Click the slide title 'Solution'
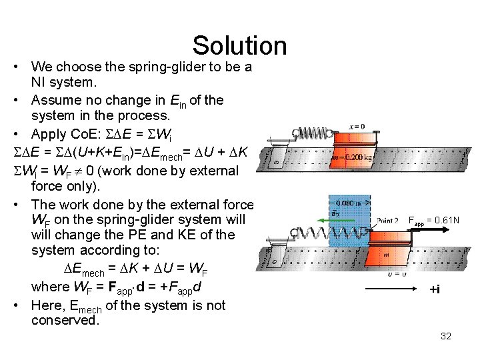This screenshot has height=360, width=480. (239, 45)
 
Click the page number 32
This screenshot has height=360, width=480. (446, 336)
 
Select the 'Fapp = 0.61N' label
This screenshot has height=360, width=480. (433, 219)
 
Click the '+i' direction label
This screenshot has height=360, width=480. (434, 289)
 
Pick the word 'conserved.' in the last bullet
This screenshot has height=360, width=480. (65, 320)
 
